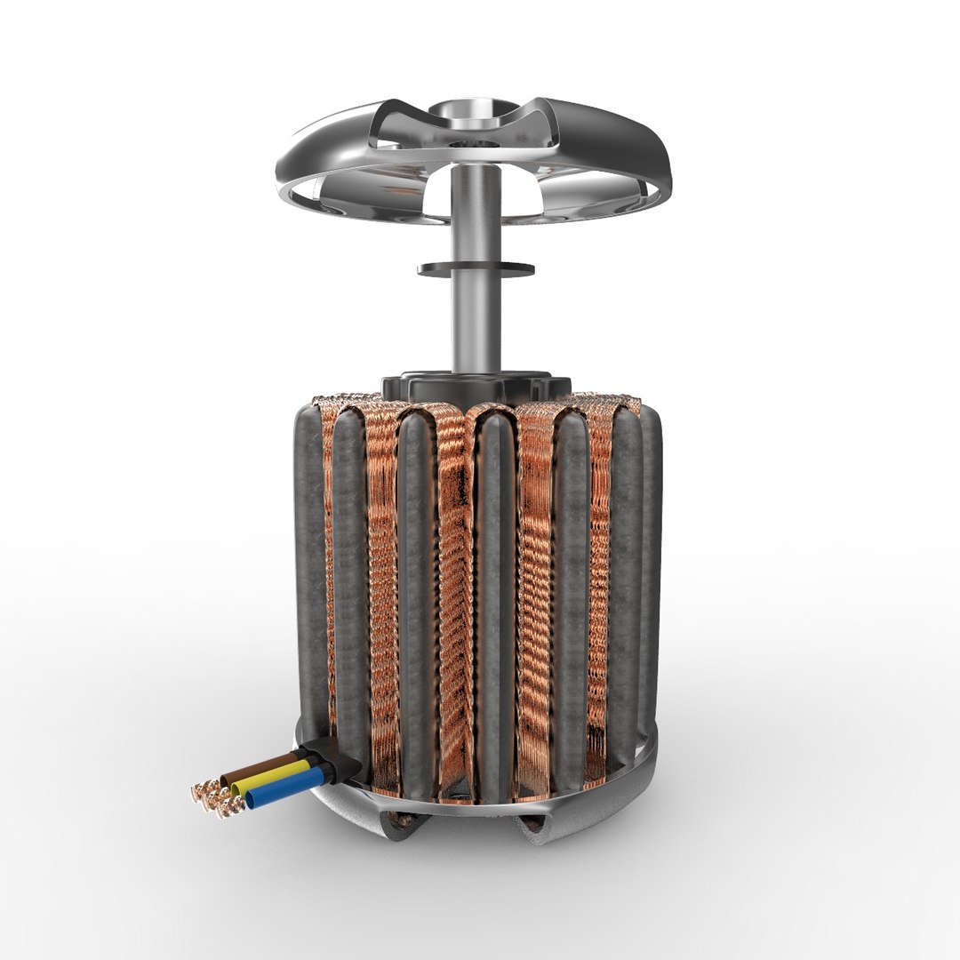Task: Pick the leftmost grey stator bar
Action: click(x=311, y=569)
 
